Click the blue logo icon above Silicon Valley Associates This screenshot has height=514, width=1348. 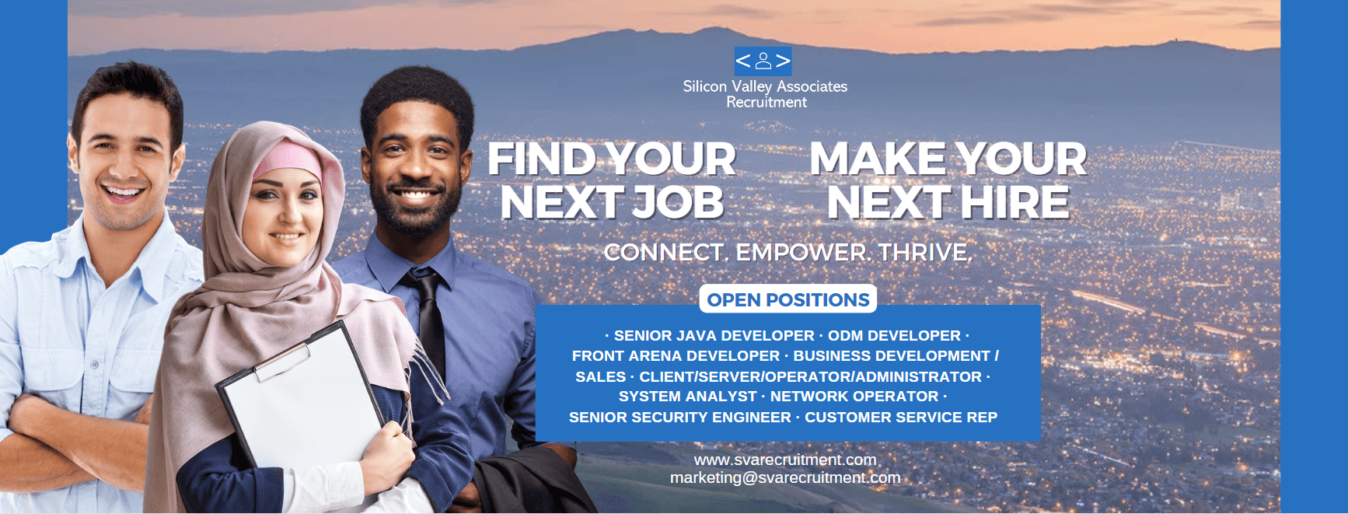point(763,61)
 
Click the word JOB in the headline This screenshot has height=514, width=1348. point(678,203)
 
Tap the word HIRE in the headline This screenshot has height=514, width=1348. point(1014,203)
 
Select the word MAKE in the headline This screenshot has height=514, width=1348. point(878,159)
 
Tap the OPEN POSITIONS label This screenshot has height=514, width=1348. point(788,299)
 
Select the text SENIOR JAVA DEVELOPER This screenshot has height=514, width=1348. point(714,336)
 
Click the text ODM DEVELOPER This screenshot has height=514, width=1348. point(894,336)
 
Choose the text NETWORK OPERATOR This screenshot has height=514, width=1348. point(854,397)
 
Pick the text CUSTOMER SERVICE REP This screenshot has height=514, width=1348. point(901,418)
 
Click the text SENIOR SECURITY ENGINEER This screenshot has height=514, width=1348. point(680,418)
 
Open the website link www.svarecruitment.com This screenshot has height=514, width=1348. point(785,460)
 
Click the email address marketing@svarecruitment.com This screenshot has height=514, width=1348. point(785,477)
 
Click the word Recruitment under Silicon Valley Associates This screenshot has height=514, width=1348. point(767,103)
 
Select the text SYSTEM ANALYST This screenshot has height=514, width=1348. point(688,397)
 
